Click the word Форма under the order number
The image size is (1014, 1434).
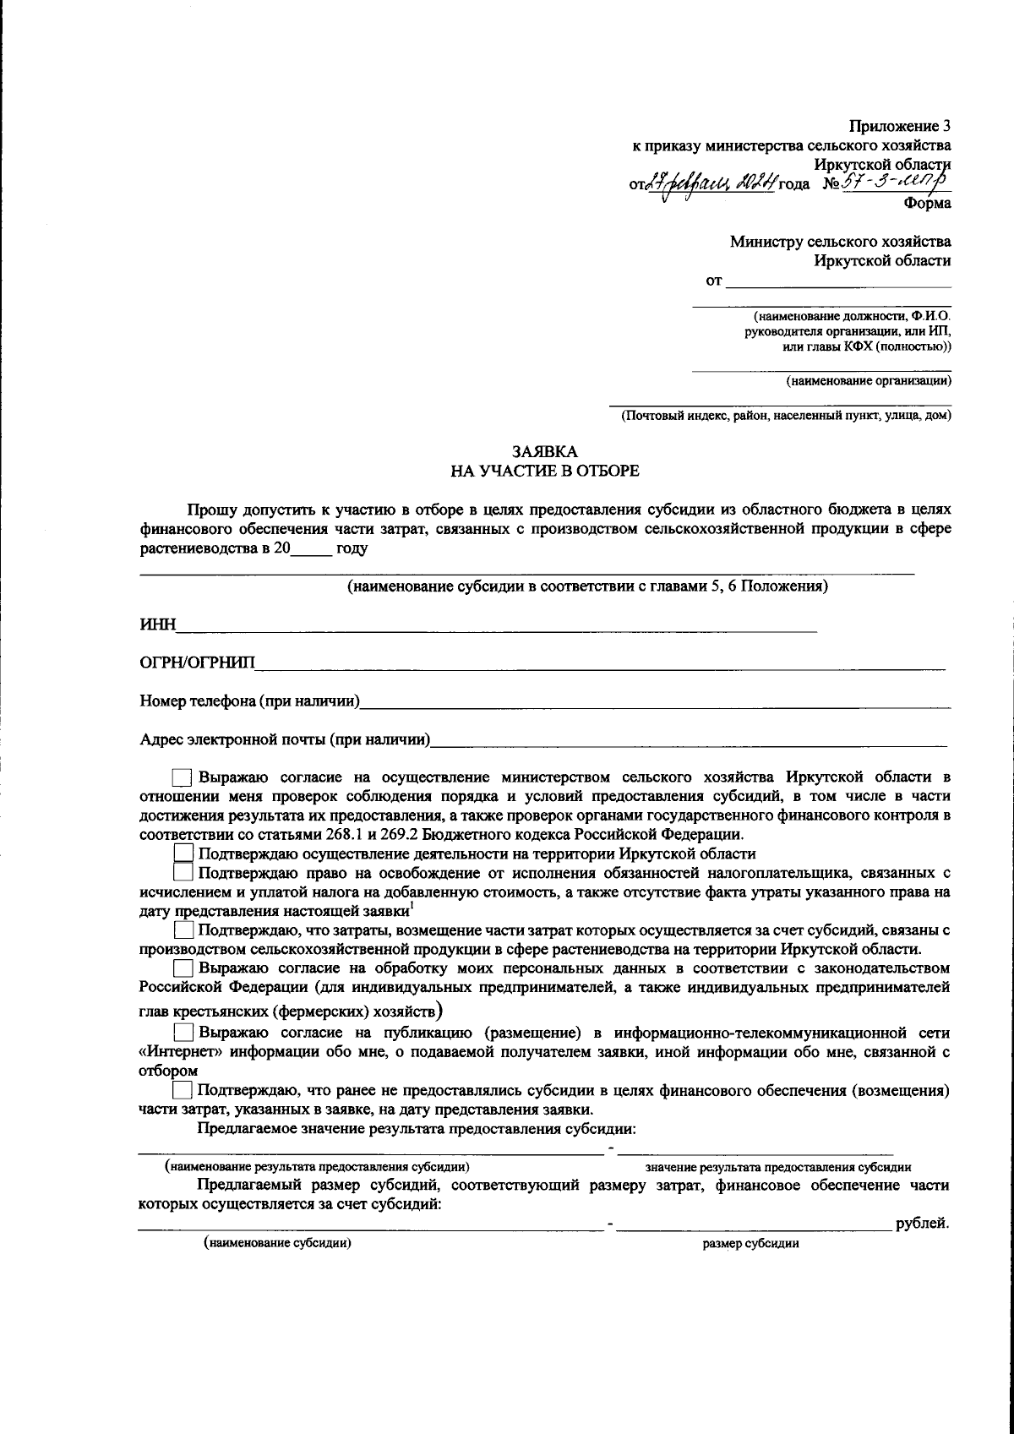click(927, 203)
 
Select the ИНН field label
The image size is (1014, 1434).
click(157, 624)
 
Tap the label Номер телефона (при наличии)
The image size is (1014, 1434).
click(250, 701)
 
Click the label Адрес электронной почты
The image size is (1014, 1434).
click(285, 740)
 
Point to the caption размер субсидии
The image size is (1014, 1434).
click(750, 1244)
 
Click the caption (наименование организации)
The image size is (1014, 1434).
click(868, 381)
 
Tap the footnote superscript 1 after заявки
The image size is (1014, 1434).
click(412, 907)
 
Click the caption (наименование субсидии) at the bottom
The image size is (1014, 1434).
click(277, 1243)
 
